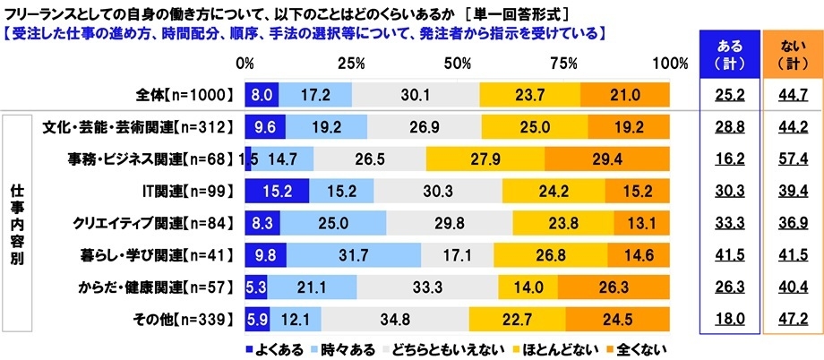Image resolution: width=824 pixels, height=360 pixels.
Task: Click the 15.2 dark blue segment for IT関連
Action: click(x=277, y=191)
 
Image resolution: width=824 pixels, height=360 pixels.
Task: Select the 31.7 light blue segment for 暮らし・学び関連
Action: click(x=354, y=253)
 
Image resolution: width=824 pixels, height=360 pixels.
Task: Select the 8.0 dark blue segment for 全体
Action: click(x=262, y=93)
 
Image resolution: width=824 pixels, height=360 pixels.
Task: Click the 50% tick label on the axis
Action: click(x=459, y=64)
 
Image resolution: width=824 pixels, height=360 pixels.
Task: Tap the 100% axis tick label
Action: click(x=669, y=64)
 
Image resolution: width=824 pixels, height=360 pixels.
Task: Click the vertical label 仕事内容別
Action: click(x=17, y=222)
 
